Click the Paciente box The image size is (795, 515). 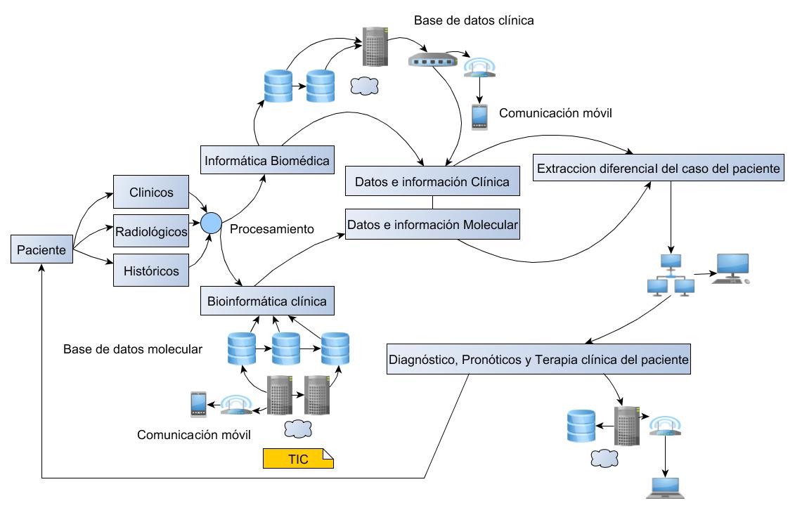tap(41, 249)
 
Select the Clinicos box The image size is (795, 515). tap(151, 192)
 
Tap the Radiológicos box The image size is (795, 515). tap(151, 231)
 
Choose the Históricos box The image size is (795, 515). tap(151, 270)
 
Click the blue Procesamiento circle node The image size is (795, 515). tap(211, 223)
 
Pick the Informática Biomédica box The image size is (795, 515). tap(267, 160)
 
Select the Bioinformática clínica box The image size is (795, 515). tap(267, 301)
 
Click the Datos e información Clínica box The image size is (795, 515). tap(432, 181)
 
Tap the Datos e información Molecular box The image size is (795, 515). tap(432, 224)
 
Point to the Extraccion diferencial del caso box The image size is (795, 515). tap(659, 168)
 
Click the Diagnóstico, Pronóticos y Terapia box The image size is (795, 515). tap(538, 360)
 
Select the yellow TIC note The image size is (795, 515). tap(298, 459)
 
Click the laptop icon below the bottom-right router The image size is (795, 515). tap(665, 488)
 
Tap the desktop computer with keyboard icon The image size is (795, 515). tap(731, 268)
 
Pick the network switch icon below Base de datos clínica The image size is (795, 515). tap(432, 60)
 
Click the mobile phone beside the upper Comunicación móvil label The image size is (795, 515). tap(479, 117)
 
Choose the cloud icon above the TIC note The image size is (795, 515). tap(297, 429)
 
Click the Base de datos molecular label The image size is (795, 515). tap(133, 348)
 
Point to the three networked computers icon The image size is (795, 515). tap(671, 275)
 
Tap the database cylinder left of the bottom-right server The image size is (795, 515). tap(581, 426)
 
